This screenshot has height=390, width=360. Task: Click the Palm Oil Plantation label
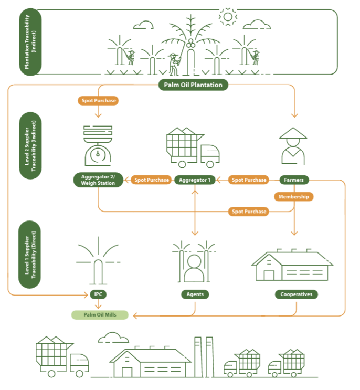coord(193,85)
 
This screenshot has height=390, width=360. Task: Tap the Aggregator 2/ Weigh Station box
coord(98,180)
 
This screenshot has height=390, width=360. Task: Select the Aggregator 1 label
coord(195,180)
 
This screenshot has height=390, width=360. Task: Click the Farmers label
coord(294,180)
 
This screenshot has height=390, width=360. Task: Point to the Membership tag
coord(294,197)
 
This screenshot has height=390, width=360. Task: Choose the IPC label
coord(98,294)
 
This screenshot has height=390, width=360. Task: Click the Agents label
coord(195,294)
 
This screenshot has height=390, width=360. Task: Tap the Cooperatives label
coord(296,294)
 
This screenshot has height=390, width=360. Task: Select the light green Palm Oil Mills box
coord(100,315)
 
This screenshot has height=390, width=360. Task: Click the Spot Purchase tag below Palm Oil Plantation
coord(99,100)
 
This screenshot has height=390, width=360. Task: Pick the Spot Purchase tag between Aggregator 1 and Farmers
coord(249,180)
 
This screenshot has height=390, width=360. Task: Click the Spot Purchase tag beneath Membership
coord(249,212)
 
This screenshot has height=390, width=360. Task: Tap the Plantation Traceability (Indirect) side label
coord(30,42)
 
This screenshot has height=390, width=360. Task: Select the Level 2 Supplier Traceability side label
coord(30,146)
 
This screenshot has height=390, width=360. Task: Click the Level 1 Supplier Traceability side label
coord(30,255)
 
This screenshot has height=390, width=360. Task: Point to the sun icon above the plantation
coord(228,17)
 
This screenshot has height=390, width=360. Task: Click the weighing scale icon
coord(98,146)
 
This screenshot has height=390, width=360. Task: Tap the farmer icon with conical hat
coord(293,146)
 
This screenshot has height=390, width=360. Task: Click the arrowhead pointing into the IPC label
coord(86,295)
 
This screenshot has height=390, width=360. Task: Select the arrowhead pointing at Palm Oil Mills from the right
coord(135,316)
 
